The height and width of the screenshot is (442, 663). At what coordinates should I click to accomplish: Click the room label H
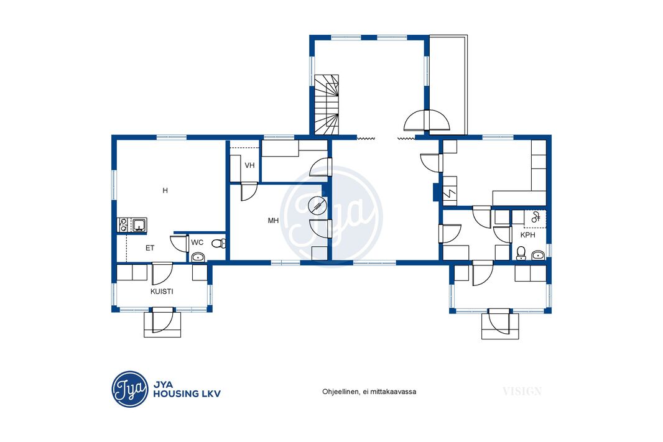pyautogui.click(x=165, y=191)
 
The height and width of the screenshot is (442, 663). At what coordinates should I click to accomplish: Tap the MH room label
pyautogui.click(x=273, y=221)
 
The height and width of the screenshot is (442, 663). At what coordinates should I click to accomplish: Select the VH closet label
pyautogui.click(x=249, y=165)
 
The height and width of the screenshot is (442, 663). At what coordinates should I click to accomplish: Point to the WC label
pyautogui.click(x=197, y=242)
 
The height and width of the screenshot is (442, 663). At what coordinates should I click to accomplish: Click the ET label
pyautogui.click(x=150, y=248)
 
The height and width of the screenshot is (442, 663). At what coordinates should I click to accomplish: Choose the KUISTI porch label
pyautogui.click(x=162, y=292)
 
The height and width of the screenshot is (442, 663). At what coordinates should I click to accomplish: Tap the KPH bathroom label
pyautogui.click(x=527, y=235)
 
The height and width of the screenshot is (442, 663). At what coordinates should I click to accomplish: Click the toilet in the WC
pyautogui.click(x=218, y=243)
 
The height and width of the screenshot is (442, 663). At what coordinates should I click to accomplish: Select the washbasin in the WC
pyautogui.click(x=198, y=257)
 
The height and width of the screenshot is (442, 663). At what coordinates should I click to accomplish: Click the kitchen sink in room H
pyautogui.click(x=139, y=224)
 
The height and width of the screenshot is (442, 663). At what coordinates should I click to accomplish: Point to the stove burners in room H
pyautogui.click(x=123, y=224)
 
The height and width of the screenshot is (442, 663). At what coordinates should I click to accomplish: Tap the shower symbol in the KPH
pyautogui.click(x=535, y=217)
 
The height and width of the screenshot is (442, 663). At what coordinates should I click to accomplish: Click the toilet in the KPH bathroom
pyautogui.click(x=521, y=253)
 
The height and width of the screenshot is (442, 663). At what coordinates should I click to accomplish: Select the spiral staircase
pyautogui.click(x=327, y=105)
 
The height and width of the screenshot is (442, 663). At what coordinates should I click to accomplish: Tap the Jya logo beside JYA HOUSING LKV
pyautogui.click(x=130, y=389)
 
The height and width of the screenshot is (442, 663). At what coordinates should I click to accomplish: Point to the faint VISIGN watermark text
pyautogui.click(x=522, y=391)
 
